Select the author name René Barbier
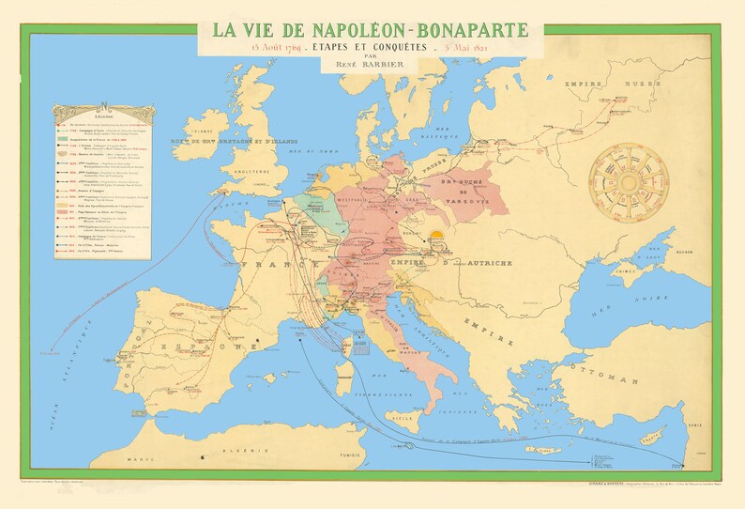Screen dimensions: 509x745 (372, 64)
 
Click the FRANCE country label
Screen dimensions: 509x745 (267, 268)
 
